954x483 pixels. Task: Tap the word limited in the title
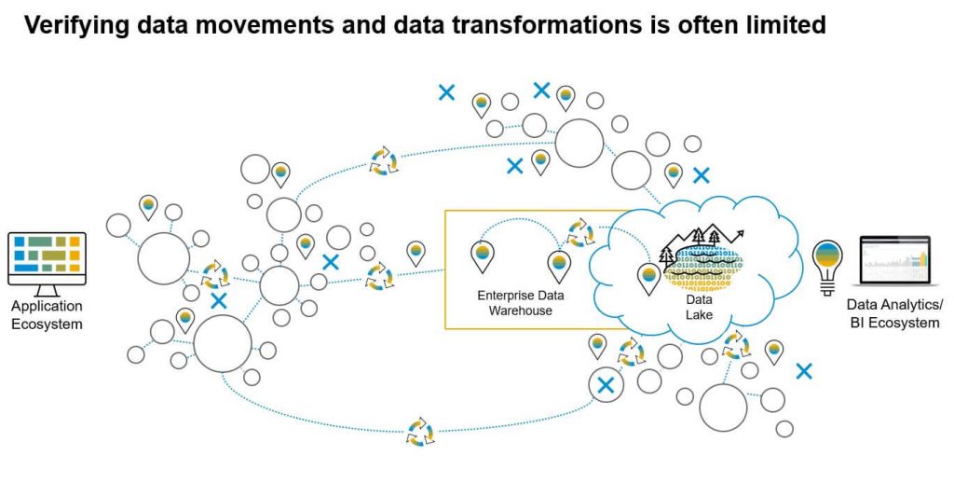pos(781,25)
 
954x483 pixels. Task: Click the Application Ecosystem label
pos(47,315)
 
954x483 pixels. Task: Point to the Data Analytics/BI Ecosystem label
pos(893,314)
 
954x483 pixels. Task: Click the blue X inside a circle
pos(606,384)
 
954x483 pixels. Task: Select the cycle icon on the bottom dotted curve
pos(420,432)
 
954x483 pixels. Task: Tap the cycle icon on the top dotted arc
pos(383,160)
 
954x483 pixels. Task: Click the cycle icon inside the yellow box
pos(580,232)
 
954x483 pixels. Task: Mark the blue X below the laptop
pos(804,371)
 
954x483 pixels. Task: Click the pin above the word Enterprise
pos(482,255)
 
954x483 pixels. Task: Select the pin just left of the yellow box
pos(416,252)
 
